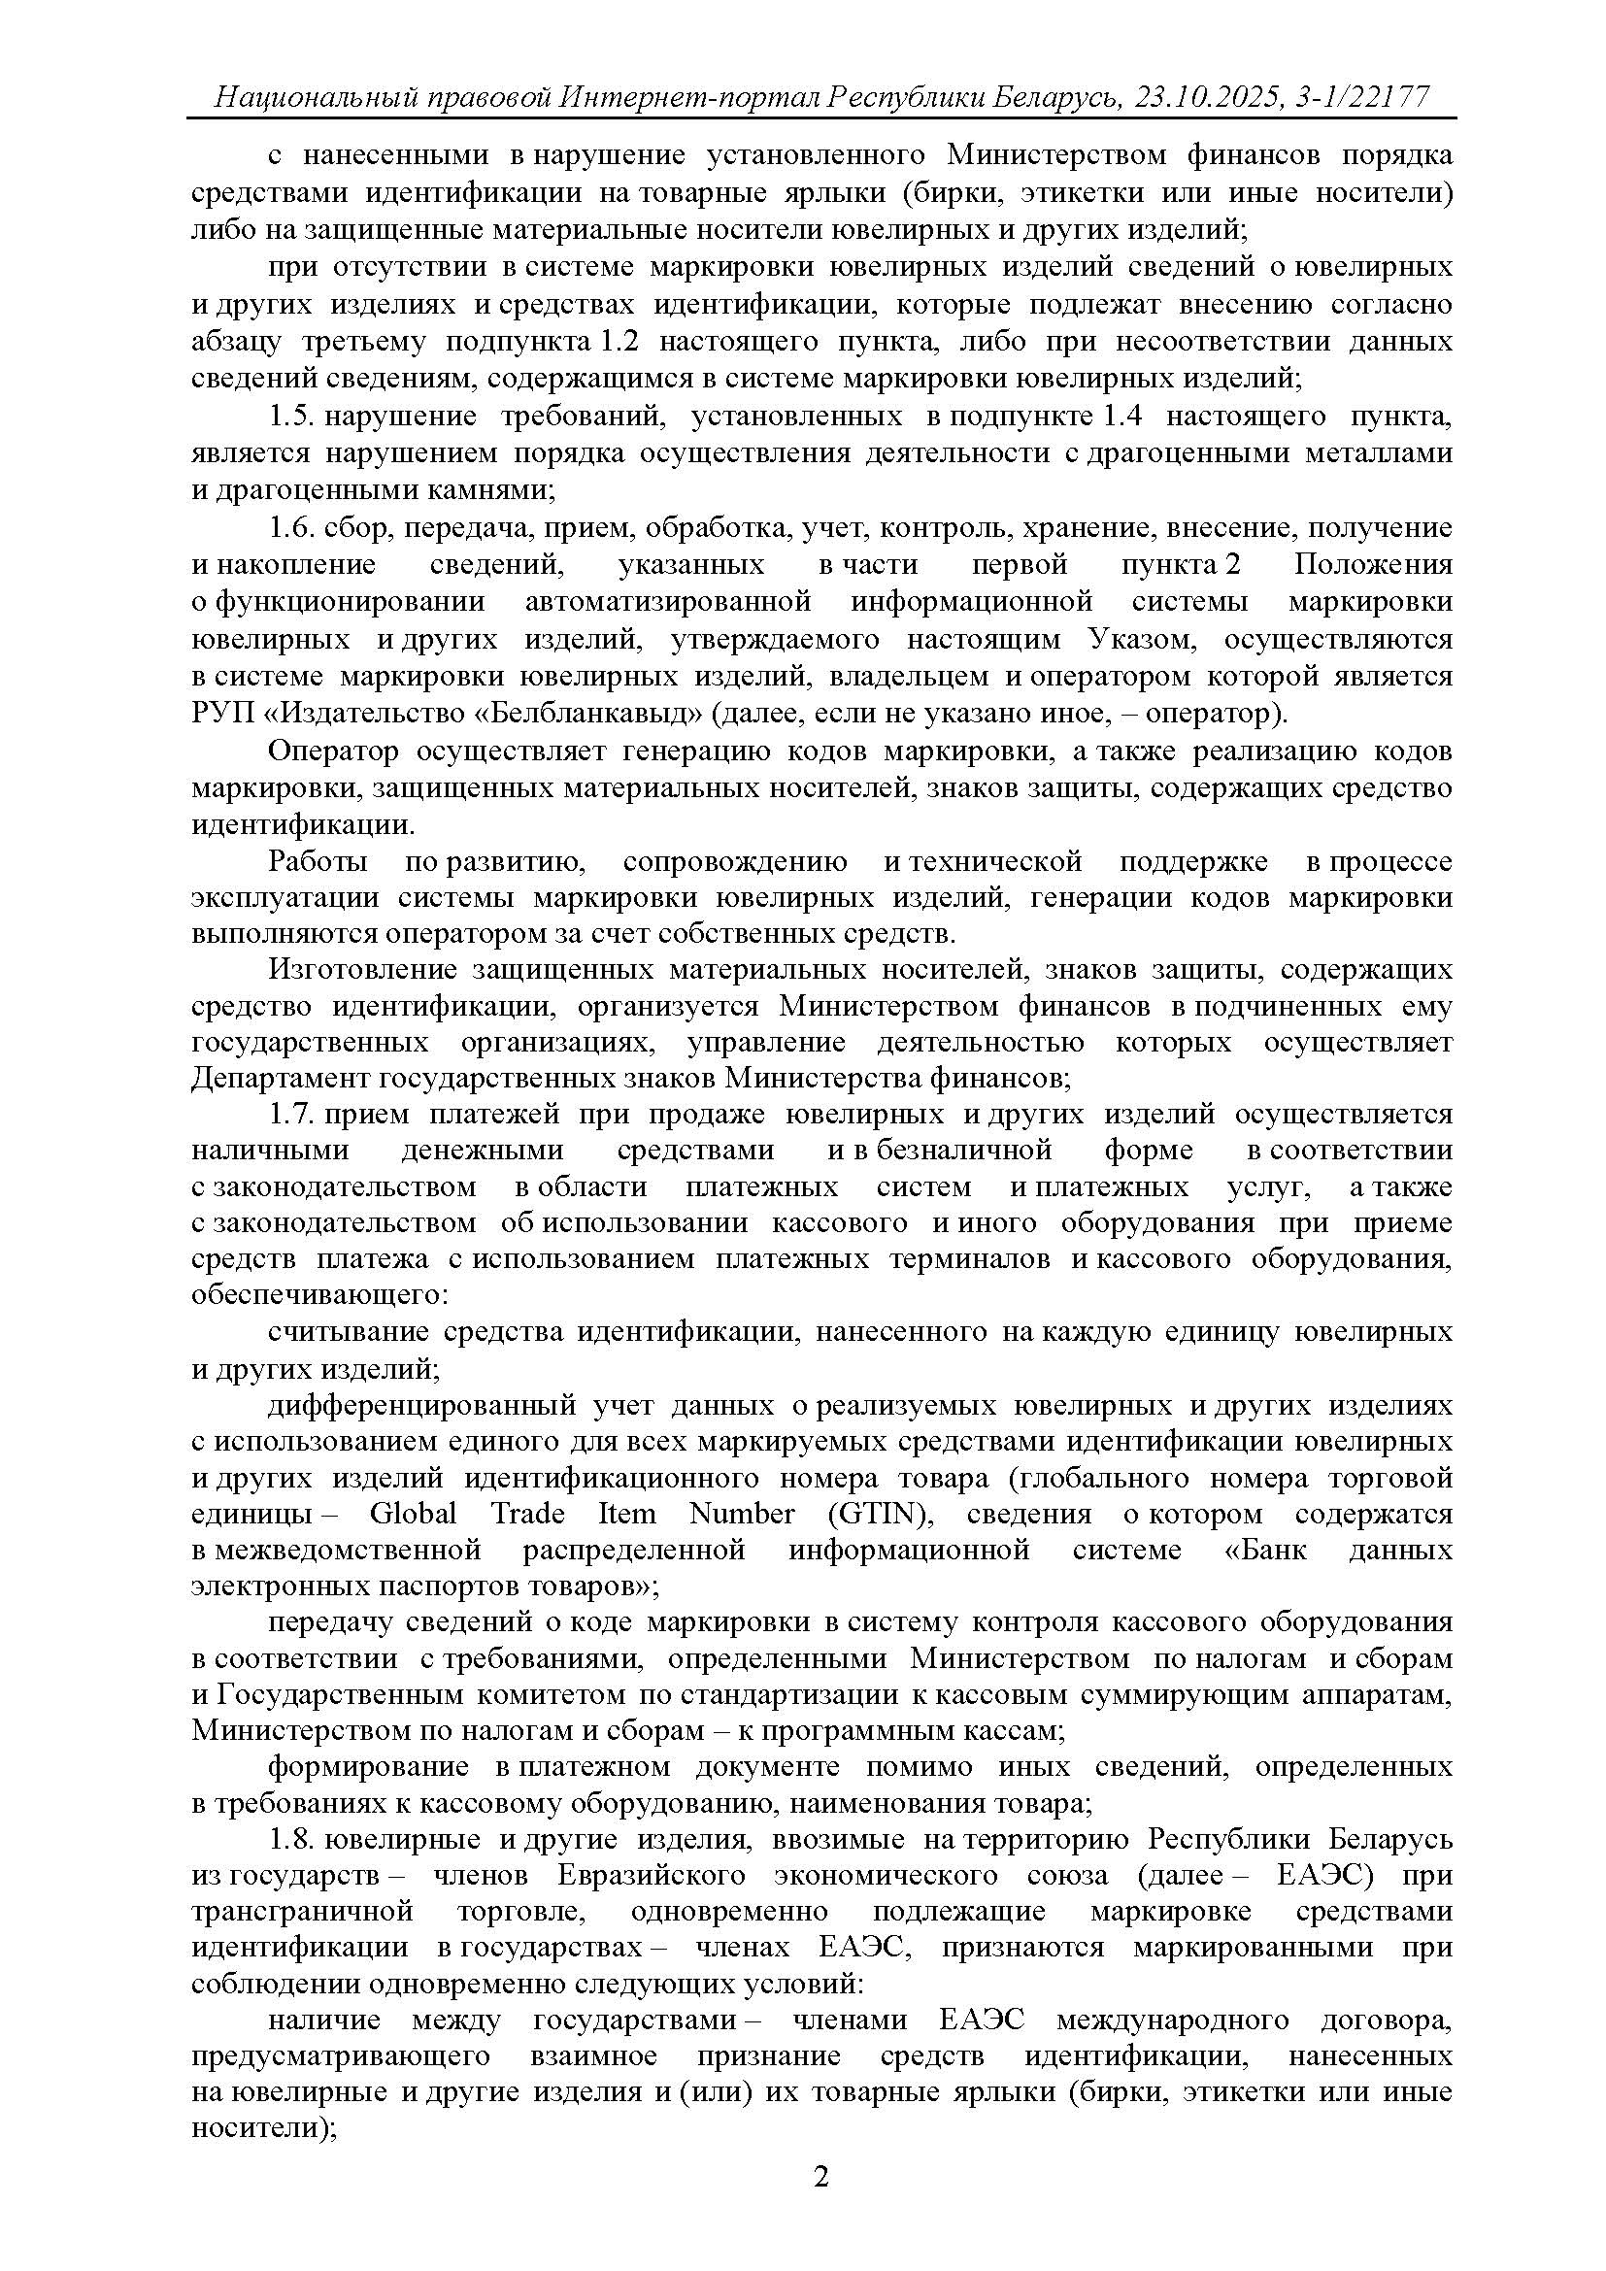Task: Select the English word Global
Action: click(x=413, y=1514)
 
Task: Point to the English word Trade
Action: click(x=528, y=1514)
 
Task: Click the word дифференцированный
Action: click(x=421, y=1405)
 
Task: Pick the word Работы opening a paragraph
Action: click(x=317, y=861)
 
